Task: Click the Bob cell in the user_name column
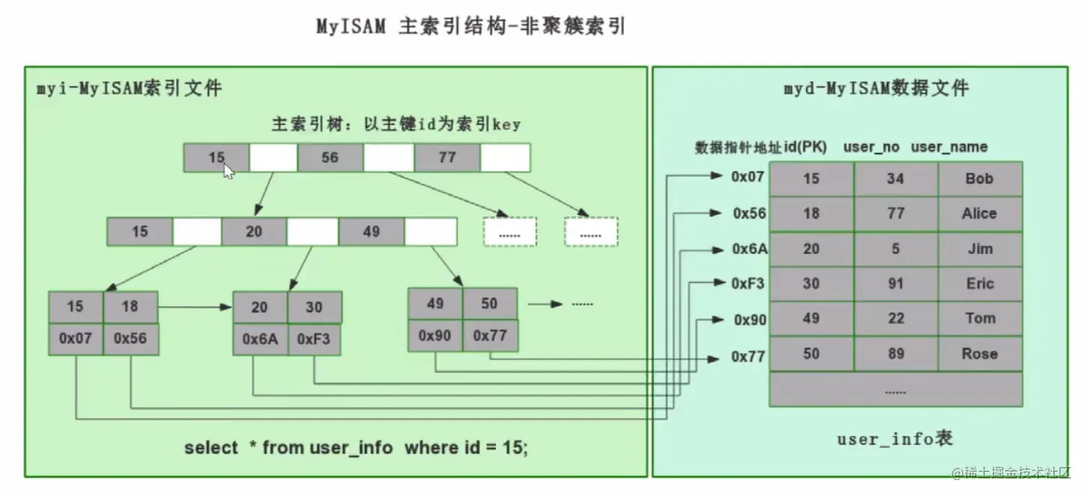coord(979,179)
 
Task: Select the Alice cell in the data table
coord(979,214)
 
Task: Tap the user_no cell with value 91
coord(895,284)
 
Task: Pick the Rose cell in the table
coord(979,353)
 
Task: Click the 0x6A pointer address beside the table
coord(750,249)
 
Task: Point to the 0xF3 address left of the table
coord(749,284)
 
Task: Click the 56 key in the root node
coord(330,157)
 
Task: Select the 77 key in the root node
coord(447,157)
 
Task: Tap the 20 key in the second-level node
coord(254,231)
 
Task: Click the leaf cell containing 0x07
coord(76,338)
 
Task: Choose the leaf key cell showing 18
coord(130,307)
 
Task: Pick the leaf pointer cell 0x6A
coord(260,338)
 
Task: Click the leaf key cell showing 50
coord(490,303)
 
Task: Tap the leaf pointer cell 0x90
coord(435,335)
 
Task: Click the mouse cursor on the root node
coord(228,171)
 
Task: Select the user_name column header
coord(949,148)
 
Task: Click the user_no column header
coord(871,148)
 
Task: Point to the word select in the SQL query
coord(211,448)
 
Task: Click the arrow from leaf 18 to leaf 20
coord(195,307)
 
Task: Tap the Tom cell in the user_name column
coord(979,318)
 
